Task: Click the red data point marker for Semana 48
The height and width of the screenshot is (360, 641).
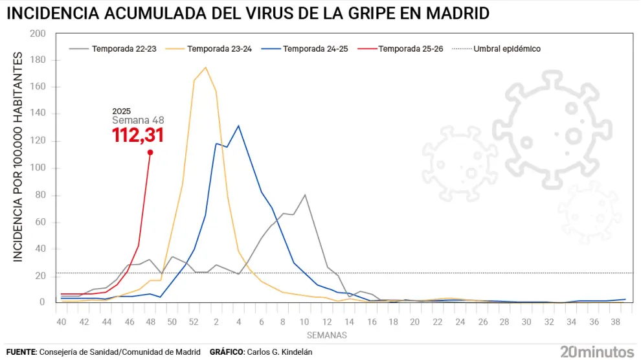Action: click(x=150, y=152)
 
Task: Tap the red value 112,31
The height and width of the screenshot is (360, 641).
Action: click(x=137, y=135)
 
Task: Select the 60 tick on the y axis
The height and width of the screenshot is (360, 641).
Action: click(x=40, y=222)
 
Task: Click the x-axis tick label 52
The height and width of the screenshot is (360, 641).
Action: click(x=194, y=322)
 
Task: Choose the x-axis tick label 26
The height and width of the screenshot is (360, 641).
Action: click(x=483, y=322)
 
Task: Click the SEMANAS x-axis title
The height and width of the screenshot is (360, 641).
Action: click(x=327, y=335)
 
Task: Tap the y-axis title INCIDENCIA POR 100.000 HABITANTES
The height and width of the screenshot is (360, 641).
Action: click(x=18, y=157)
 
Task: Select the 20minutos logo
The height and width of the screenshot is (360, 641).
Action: click(x=596, y=352)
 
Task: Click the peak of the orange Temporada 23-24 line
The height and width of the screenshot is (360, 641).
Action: click(x=205, y=67)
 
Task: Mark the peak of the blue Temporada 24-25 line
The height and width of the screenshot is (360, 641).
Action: click(x=238, y=126)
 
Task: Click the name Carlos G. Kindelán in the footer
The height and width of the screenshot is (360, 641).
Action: click(x=279, y=352)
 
